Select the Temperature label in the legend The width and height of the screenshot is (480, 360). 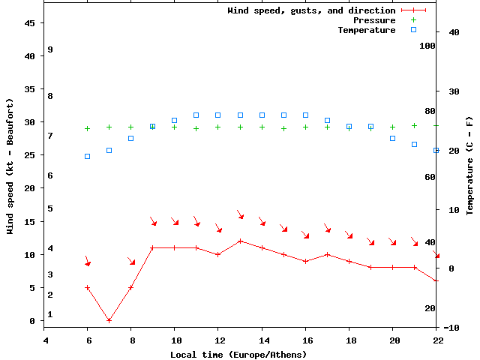tap(366, 30)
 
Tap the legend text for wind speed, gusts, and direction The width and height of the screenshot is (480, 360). tap(311, 10)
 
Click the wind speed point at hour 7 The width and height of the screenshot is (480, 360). tap(109, 320)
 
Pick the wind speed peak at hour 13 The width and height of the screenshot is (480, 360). tap(240, 241)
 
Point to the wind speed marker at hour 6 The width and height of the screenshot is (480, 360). tap(87, 287)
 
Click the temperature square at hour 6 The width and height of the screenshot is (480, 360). tap(87, 156)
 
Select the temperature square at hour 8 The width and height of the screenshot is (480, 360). tap(130, 138)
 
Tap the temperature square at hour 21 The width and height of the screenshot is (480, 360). tap(414, 144)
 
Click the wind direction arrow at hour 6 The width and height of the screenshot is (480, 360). tap(87, 261)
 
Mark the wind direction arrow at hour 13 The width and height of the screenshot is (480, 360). tap(240, 214)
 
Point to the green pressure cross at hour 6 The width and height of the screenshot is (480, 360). tap(87, 129)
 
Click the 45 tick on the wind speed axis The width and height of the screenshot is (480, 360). tap(31, 23)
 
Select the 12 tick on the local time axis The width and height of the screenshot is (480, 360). tap(217, 340)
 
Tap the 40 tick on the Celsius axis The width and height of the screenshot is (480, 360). tap(453, 32)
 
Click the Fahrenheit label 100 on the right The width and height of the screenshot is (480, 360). tap(427, 46)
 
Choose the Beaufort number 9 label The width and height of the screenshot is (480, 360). tap(49, 49)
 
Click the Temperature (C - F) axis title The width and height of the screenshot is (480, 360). tap(469, 165)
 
